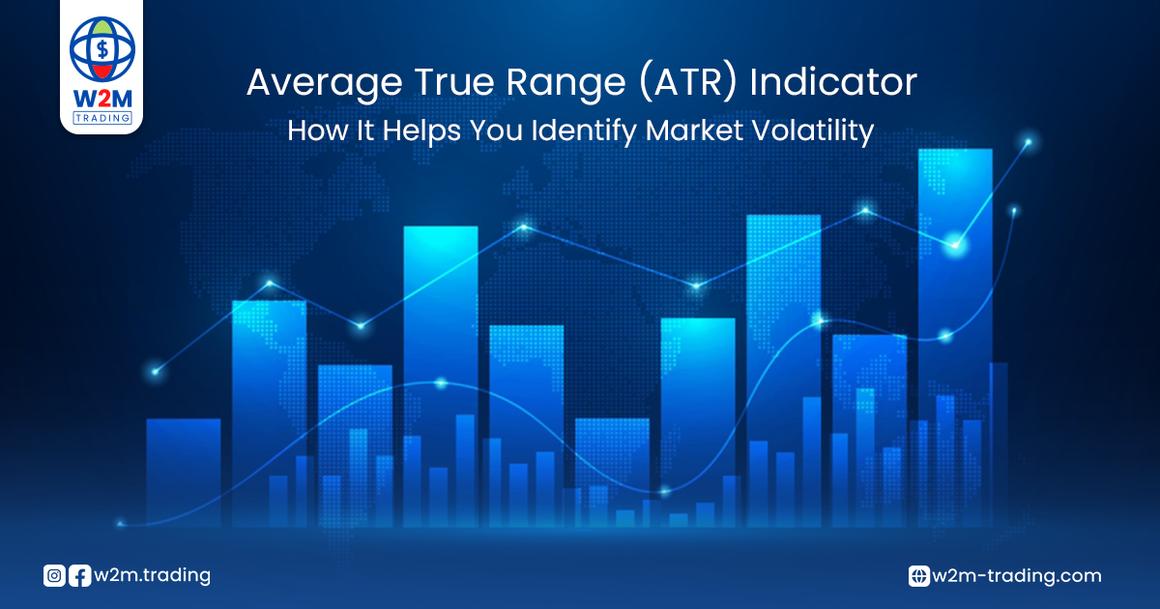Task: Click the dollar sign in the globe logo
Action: tap(102, 49)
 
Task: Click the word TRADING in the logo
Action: tap(102, 118)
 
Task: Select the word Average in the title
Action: tap(325, 83)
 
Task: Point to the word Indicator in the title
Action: tap(833, 82)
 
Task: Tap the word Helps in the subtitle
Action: tap(421, 131)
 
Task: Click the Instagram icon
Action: tap(54, 576)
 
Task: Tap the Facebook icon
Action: tap(79, 576)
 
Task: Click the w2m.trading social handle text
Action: tap(153, 576)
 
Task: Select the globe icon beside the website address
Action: tap(918, 576)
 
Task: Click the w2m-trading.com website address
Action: tap(1017, 576)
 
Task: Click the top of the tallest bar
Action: tap(955, 150)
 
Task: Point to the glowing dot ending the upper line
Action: tap(1029, 142)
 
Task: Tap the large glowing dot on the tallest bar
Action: tap(955, 245)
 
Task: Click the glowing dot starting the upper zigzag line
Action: tap(156, 371)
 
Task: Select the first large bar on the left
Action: tap(184, 473)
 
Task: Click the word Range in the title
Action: tap(566, 83)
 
